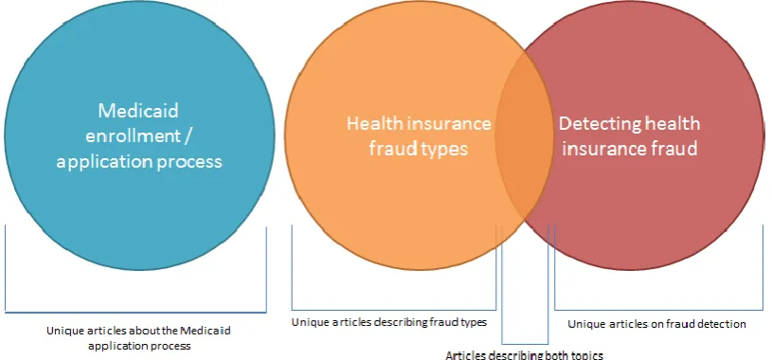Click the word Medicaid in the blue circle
[x=138, y=111]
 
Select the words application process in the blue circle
[x=139, y=162]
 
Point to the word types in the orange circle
[x=442, y=149]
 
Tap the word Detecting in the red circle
[x=592, y=123]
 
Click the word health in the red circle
[x=674, y=123]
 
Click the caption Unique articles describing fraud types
[x=389, y=322]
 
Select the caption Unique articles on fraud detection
[x=656, y=324]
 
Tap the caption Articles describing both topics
[x=524, y=355]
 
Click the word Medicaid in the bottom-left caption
[x=206, y=331]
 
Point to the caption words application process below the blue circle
[x=139, y=346]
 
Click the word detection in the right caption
[x=725, y=324]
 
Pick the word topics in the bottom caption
[x=588, y=355]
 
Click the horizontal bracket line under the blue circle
[x=135, y=313]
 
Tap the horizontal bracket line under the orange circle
[x=394, y=310]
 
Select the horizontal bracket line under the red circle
[x=658, y=310]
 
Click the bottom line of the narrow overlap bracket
[x=525, y=344]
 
